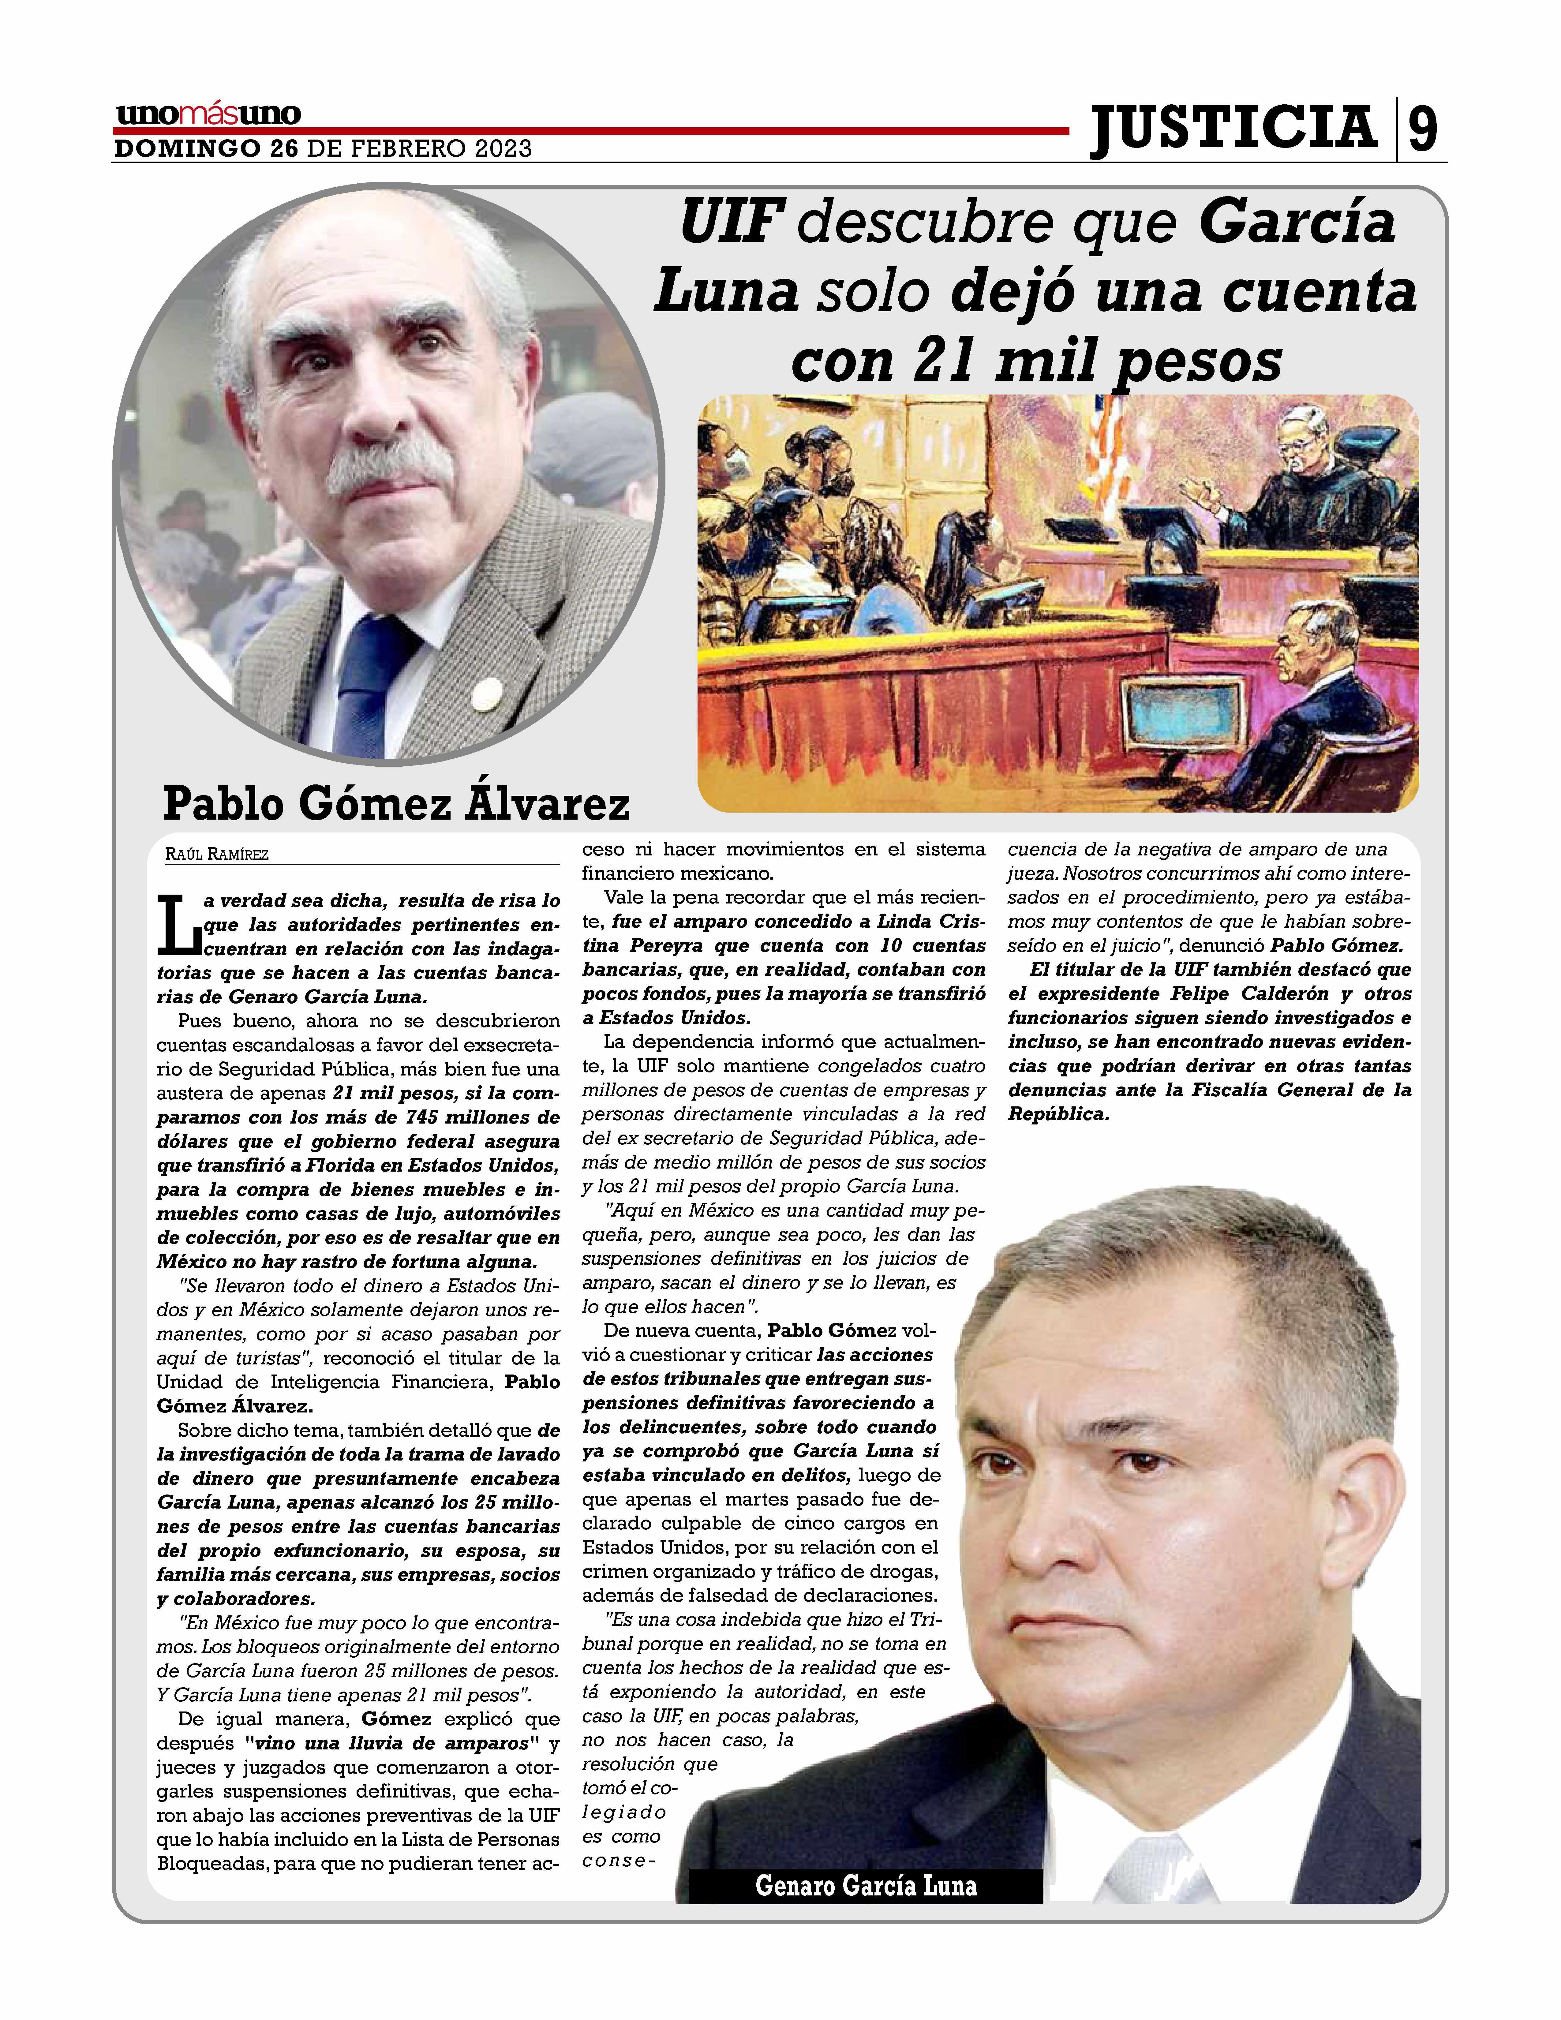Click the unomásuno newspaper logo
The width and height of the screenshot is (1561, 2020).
(x=208, y=115)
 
